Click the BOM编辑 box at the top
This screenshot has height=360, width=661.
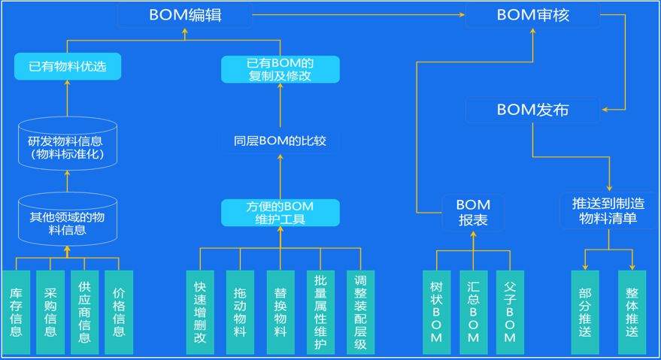pos(185,15)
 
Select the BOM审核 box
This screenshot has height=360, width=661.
pos(532,15)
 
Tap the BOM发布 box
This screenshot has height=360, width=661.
pos(532,110)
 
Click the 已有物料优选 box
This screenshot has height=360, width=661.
pos(68,67)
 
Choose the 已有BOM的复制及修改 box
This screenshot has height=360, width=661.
pos(280,69)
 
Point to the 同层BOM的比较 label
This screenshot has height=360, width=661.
pos(280,141)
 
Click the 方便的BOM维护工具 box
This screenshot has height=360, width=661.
pos(280,213)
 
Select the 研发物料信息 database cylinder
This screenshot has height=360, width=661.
pos(67,143)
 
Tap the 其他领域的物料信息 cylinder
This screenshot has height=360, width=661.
pos(67,220)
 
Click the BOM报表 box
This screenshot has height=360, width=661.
pos(473,213)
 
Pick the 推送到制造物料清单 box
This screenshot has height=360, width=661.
pos(608,211)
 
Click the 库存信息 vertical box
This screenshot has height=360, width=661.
pos(16,312)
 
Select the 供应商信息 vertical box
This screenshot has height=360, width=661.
pos(84,312)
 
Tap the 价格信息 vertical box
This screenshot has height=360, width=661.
pos(119,312)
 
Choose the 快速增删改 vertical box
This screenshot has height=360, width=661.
pos(200,312)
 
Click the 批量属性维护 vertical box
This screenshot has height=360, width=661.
pos(320,312)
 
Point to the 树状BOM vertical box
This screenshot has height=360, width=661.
pos(436,312)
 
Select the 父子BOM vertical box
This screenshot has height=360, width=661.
pos(510,312)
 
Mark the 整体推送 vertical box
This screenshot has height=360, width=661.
pos(632,312)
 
